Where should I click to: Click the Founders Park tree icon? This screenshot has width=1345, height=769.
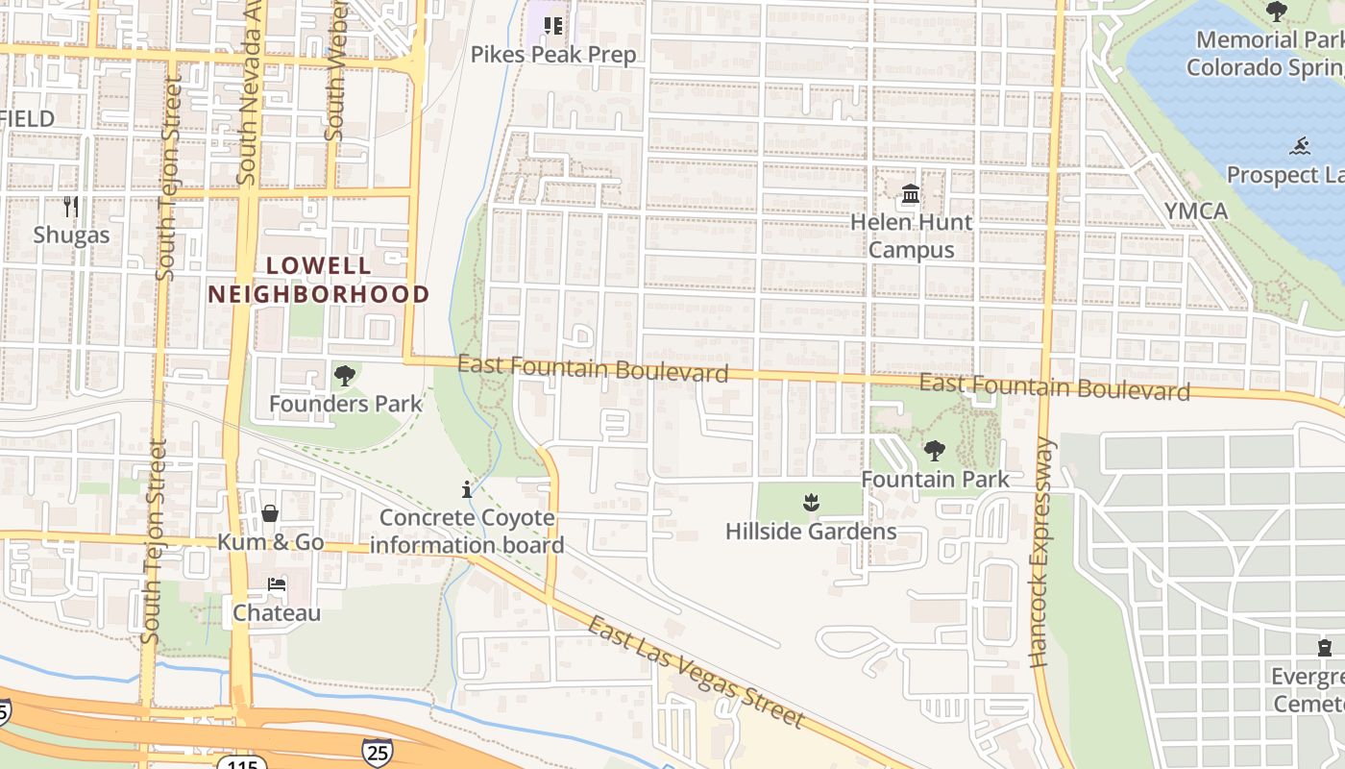coord(344,376)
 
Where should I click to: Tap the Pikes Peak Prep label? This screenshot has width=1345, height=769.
coord(552,55)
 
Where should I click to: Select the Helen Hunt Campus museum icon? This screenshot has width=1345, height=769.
coord(910,196)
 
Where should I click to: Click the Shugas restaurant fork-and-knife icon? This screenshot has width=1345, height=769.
coord(70,207)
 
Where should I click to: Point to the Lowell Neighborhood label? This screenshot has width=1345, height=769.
coord(318,280)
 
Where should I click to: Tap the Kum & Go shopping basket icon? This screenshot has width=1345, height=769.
coord(270,514)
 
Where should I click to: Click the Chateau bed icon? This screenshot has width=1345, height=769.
coord(276,584)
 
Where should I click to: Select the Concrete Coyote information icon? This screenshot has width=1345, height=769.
coord(467,490)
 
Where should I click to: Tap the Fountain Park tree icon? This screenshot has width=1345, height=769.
coord(934,450)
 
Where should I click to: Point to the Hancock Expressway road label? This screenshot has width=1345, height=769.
coord(1041,553)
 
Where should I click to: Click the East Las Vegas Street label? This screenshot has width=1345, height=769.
coord(695,673)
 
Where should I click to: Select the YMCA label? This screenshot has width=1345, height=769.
coord(1195,211)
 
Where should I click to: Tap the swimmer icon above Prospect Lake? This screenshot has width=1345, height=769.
coord(1300,147)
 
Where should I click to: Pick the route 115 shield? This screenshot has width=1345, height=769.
coord(235,763)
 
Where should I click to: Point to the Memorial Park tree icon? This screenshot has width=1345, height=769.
coord(1276,12)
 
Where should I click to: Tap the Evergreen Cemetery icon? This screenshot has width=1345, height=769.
coord(1325,647)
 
